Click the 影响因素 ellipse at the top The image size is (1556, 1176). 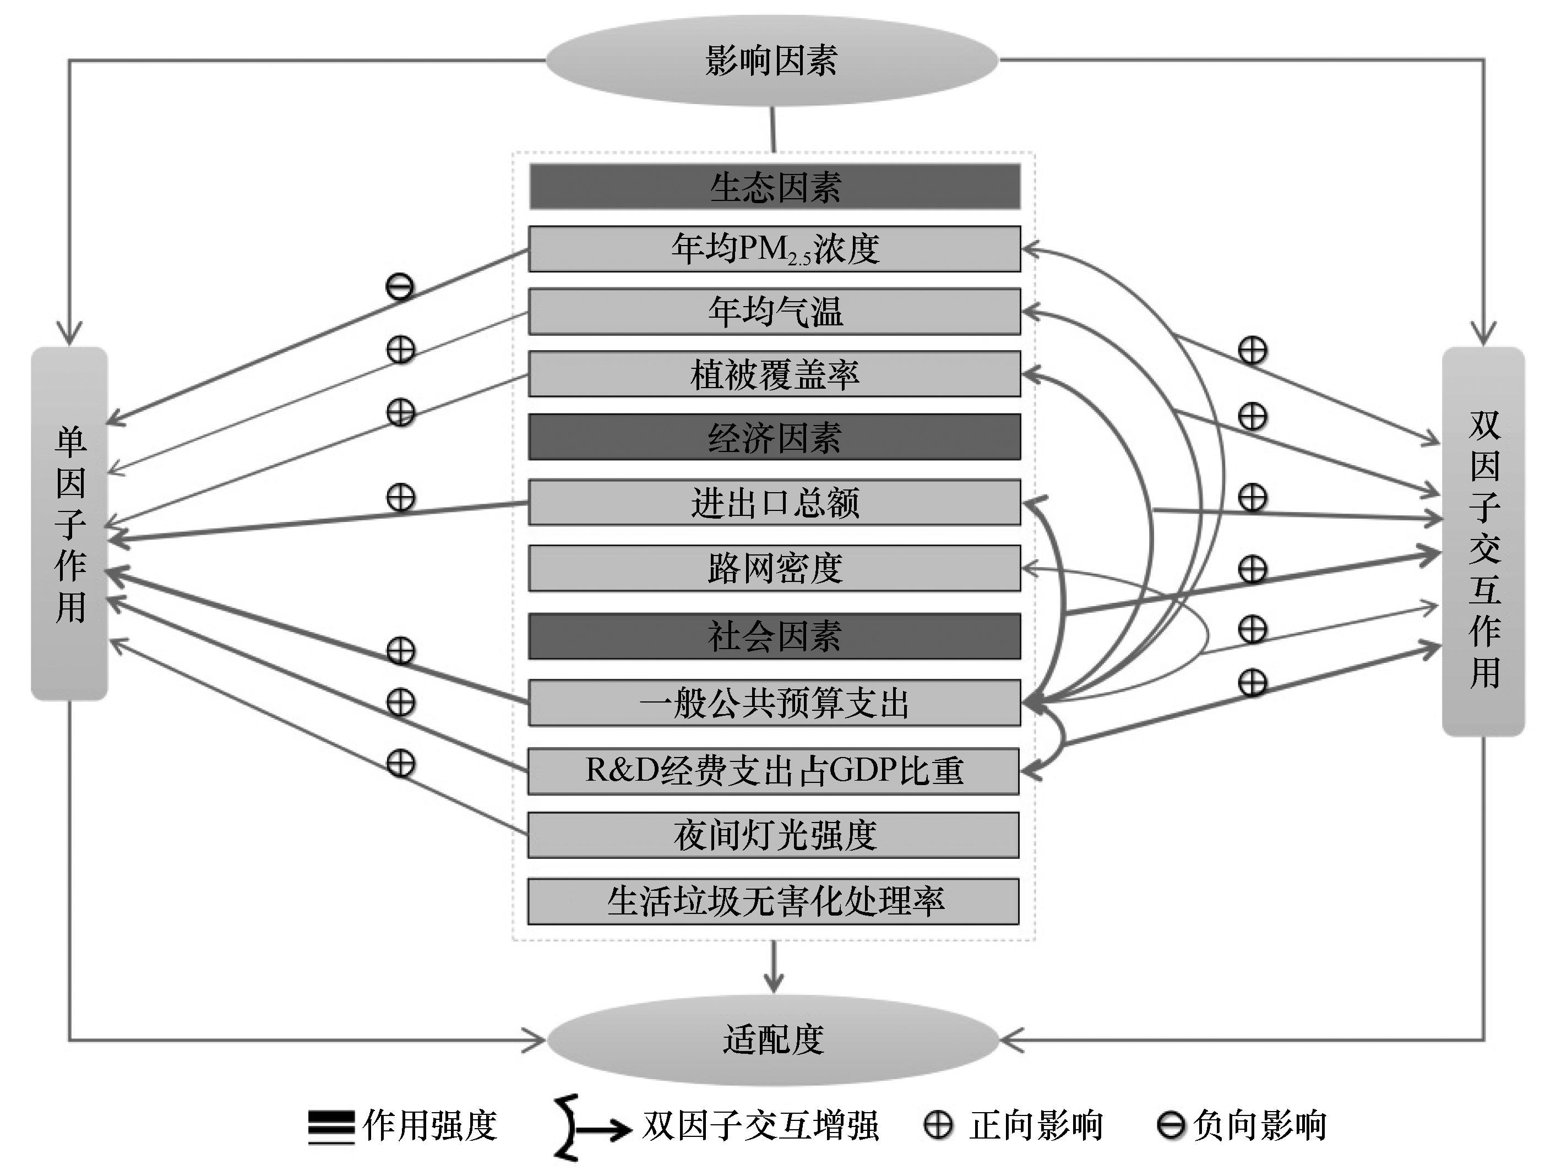[x=772, y=61]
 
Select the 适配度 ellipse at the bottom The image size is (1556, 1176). [x=773, y=1039]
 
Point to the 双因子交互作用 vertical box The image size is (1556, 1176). [x=1483, y=542]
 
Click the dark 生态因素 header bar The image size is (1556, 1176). [x=775, y=187]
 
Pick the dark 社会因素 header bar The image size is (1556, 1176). [x=775, y=636]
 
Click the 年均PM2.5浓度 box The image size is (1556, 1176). [x=775, y=249]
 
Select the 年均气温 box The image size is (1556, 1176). [x=775, y=312]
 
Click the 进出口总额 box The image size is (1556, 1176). [x=775, y=503]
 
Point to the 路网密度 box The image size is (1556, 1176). [x=775, y=568]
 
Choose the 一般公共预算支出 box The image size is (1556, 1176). [x=775, y=703]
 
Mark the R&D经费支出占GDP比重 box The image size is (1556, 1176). [x=774, y=771]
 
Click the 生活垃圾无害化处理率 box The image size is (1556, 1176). [x=774, y=901]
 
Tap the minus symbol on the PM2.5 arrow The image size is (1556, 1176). [x=400, y=286]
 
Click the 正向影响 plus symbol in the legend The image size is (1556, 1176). [x=938, y=1125]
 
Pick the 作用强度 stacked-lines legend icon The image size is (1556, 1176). [x=331, y=1127]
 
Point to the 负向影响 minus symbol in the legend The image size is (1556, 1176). [x=1171, y=1125]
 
